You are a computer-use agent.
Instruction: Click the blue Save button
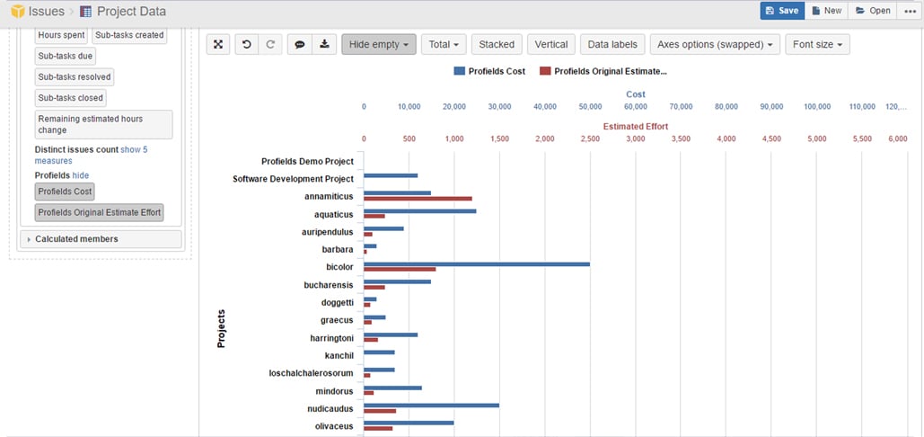[x=781, y=11]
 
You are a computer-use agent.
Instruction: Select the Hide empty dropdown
[x=378, y=44]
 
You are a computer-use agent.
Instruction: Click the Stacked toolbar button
[x=497, y=44]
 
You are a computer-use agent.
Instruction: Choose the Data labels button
[x=612, y=44]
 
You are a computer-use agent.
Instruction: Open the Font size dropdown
[x=816, y=44]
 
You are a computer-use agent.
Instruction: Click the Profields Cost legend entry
[x=489, y=71]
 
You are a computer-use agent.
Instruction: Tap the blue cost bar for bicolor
[x=476, y=264]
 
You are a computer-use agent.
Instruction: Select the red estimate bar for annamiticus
[x=418, y=198]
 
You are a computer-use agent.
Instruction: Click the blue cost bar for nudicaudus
[x=431, y=405]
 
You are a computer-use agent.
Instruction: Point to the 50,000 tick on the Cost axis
[x=590, y=107]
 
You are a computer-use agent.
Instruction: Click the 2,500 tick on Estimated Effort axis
[x=590, y=139]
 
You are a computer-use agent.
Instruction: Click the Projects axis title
[x=221, y=329]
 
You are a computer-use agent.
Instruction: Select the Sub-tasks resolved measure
[x=75, y=77]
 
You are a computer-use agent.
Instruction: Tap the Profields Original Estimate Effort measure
[x=100, y=212]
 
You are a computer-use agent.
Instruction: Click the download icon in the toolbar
[x=324, y=44]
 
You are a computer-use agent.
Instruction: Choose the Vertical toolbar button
[x=550, y=44]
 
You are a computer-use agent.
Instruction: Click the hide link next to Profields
[x=81, y=175]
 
